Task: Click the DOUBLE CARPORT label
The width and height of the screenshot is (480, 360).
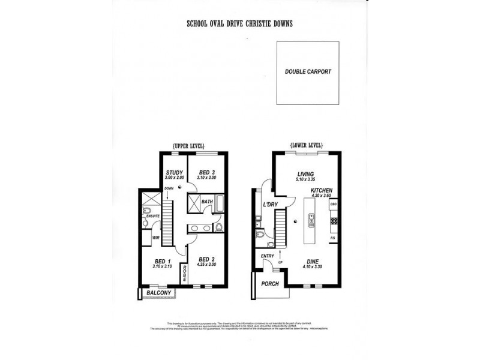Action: point(308,71)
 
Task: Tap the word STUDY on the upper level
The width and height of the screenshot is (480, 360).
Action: point(175,172)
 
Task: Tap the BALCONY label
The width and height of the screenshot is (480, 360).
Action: point(159,293)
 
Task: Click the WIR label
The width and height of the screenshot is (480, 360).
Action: point(155,238)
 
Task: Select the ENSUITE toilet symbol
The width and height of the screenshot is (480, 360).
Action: point(146,211)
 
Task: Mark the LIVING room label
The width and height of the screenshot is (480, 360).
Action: point(305,174)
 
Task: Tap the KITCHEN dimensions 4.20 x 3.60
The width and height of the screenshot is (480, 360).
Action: point(321,195)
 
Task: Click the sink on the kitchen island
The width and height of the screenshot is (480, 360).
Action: point(311,221)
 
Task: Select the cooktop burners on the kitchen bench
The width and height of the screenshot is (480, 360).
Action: point(334,220)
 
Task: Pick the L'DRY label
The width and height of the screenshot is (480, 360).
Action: point(269,205)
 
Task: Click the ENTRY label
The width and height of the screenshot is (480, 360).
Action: point(267,256)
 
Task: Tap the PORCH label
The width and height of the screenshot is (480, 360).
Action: point(269,284)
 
